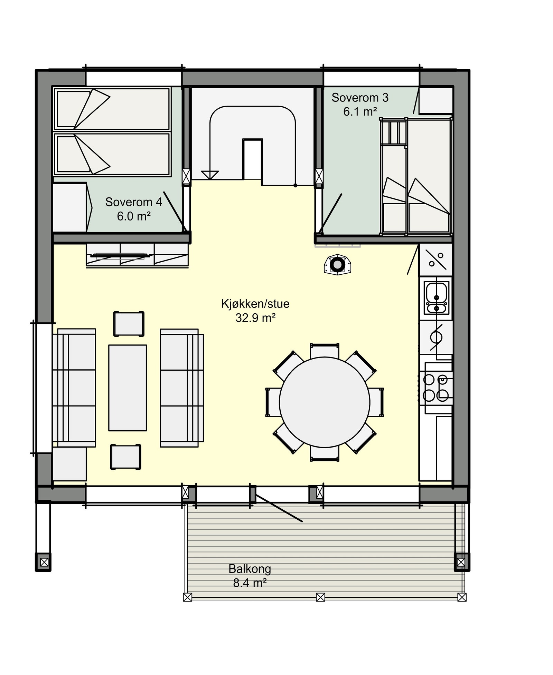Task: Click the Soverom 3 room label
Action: [x=359, y=104]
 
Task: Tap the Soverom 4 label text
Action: [x=133, y=208]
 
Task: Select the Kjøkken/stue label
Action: [x=255, y=310]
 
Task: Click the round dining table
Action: [x=324, y=402]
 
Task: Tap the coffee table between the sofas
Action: [x=128, y=388]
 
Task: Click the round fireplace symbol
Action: [x=337, y=265]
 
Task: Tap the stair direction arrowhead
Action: [x=210, y=175]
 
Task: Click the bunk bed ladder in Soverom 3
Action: [x=393, y=132]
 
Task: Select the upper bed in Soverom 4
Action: [x=112, y=109]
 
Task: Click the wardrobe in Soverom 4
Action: [x=70, y=208]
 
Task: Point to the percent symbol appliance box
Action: [x=436, y=260]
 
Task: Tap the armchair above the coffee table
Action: [x=129, y=323]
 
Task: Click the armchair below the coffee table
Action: [x=125, y=457]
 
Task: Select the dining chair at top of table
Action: [x=324, y=351]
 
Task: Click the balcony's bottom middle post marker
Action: [x=320, y=597]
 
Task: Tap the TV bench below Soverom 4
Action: [x=137, y=255]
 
